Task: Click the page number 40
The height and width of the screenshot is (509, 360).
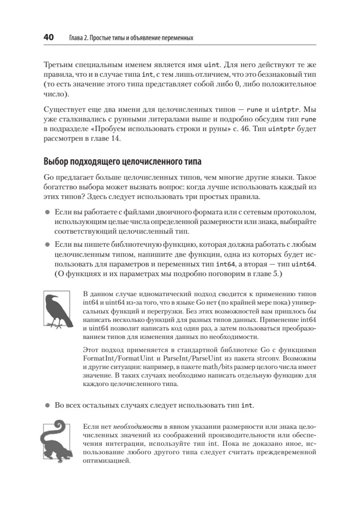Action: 47,38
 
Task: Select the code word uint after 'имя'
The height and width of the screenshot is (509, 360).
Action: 212,65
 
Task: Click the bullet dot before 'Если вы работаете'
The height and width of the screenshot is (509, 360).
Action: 47,211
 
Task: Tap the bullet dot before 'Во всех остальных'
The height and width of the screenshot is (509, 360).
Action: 47,405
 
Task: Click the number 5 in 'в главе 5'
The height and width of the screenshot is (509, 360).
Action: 274,274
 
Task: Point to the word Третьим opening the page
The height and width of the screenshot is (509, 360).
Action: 59,65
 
